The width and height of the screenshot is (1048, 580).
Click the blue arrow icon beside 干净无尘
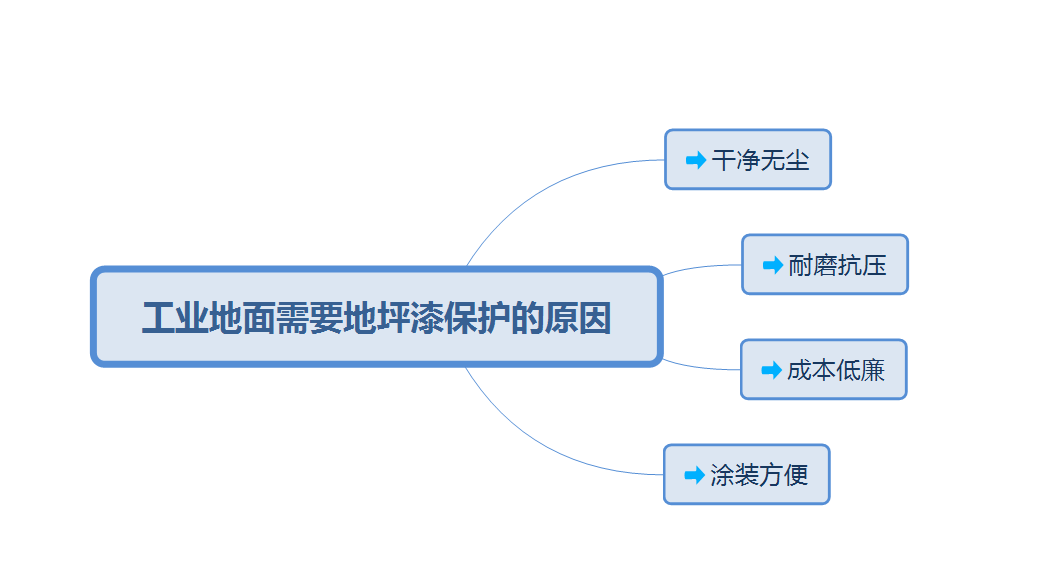696,160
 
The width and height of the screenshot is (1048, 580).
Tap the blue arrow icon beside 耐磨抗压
772,265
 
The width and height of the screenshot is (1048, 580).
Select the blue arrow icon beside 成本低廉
771,370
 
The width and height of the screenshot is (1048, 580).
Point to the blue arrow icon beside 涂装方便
694,475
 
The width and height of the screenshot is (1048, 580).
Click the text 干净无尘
760,160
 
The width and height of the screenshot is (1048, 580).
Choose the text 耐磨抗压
837,265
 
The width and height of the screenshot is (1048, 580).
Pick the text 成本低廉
836,370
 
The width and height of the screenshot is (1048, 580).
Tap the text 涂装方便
759,475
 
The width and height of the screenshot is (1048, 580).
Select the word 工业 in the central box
175,319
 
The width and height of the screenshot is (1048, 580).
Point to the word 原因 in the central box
578,319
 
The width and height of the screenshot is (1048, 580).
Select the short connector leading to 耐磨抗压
700,267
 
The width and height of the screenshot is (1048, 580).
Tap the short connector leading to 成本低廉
700,367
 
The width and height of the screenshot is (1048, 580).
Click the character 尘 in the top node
797,160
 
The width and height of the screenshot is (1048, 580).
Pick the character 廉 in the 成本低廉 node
873,370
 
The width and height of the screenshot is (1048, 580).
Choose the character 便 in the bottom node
796,475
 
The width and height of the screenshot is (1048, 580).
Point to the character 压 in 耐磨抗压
874,265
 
